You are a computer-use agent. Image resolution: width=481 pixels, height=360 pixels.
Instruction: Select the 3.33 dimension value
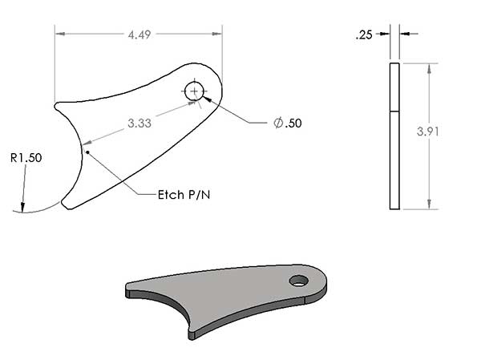(140, 123)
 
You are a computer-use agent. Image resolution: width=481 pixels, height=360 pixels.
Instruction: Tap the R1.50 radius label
(26, 158)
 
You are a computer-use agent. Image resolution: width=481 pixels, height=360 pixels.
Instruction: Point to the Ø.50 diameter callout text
(288, 123)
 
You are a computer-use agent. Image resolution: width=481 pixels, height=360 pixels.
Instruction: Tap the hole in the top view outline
(195, 91)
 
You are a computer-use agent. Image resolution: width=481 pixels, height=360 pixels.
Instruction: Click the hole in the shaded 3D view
(299, 281)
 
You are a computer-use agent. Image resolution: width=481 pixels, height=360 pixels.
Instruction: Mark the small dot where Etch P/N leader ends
(88, 152)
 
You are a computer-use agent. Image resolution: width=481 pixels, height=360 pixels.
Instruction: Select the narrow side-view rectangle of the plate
(394, 136)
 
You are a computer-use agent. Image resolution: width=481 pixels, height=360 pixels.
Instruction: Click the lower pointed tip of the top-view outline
(66, 207)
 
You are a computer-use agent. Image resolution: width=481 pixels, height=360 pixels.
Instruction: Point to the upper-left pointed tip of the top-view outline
(56, 103)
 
